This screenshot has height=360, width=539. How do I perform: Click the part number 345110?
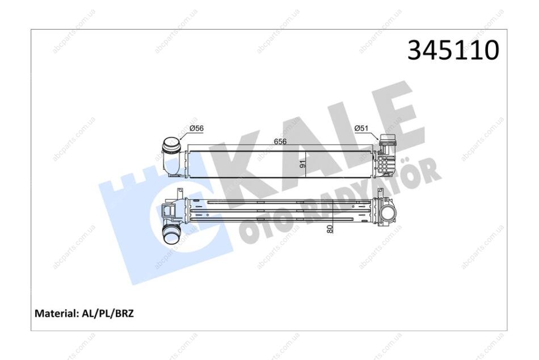[x=453, y=50]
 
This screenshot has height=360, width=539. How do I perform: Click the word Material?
[x=56, y=313]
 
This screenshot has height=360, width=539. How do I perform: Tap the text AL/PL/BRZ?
[x=107, y=313]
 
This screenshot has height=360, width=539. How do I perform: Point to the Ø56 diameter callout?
[x=197, y=128]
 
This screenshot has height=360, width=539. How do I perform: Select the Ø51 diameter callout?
[x=361, y=128]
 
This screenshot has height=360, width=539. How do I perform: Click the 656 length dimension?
[x=280, y=141]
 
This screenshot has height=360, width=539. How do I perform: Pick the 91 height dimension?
[x=303, y=164]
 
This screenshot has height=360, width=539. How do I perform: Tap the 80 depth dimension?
[x=330, y=229]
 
